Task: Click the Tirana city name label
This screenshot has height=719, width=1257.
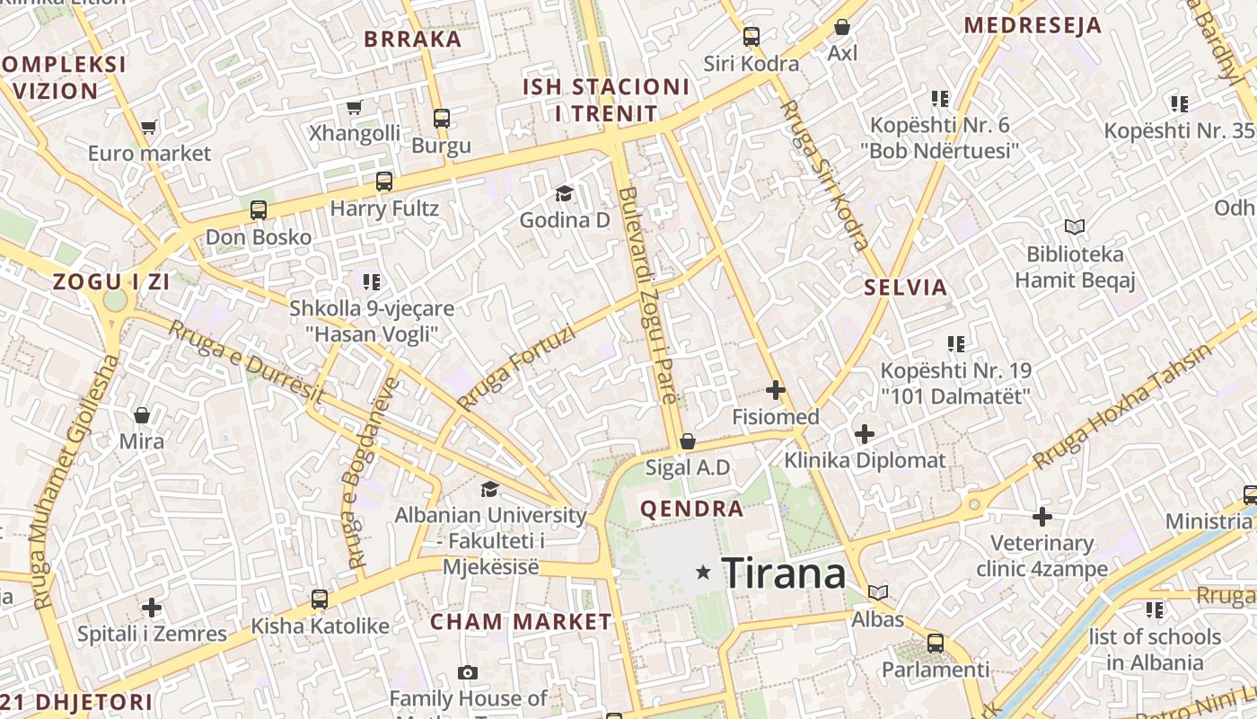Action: pos(783,573)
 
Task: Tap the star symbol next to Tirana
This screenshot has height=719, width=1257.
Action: pos(704,572)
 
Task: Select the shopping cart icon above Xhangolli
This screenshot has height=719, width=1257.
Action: pos(355,108)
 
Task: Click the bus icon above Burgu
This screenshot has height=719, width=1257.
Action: pos(441,118)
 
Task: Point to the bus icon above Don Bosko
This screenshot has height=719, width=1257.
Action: pos(259,210)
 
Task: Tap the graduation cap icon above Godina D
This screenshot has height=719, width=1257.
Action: pos(564,193)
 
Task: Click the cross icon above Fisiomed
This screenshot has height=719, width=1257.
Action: pos(776,390)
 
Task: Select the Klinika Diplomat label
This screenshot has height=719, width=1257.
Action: pos(865,461)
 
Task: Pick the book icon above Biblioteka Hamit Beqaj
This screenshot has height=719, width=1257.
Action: pos(1075,226)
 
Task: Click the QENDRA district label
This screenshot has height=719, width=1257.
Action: pos(691,510)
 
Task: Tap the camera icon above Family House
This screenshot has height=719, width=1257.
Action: pos(467,672)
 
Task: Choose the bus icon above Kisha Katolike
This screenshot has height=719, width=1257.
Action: pos(320,599)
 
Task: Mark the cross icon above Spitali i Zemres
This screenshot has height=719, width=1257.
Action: pos(152,607)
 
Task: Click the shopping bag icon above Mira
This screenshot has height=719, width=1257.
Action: pos(142,414)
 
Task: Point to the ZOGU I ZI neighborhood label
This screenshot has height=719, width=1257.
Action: pos(111,281)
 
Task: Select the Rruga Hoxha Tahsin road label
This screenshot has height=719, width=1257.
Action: pos(1122,406)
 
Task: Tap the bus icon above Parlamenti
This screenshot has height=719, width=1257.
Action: pos(936,643)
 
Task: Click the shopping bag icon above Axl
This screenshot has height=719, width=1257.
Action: pos(842,27)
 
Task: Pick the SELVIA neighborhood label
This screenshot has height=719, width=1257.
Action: pos(905,288)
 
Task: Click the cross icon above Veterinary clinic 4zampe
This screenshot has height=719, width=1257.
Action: pos(1042,517)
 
